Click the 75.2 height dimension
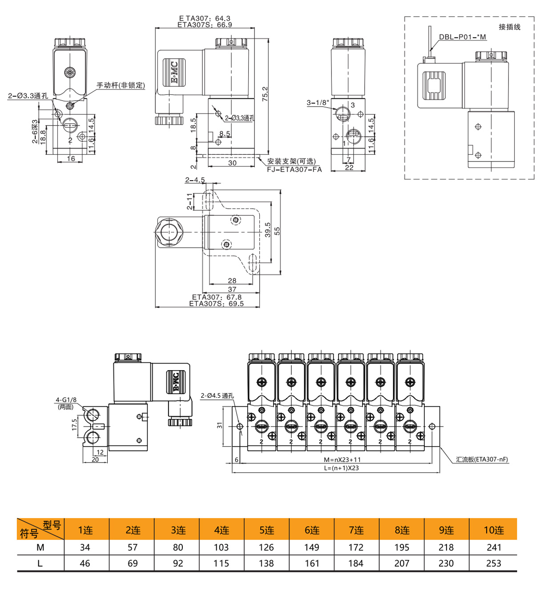[x=265, y=94]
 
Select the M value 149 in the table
[x=311, y=547]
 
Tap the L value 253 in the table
[x=493, y=563]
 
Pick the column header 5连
[x=266, y=530]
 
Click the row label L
[x=40, y=563]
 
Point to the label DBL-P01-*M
[x=462, y=37]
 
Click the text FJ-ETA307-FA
[x=294, y=169]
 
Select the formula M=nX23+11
[x=342, y=460]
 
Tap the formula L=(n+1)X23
[x=341, y=468]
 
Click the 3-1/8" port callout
[x=318, y=103]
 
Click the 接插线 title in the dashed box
[x=509, y=27]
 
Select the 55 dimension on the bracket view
[x=277, y=231]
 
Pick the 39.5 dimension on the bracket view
[x=268, y=230]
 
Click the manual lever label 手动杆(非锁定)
[x=121, y=85]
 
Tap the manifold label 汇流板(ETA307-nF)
[x=482, y=460]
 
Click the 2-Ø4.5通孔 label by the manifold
[x=217, y=395]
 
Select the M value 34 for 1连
[x=85, y=547]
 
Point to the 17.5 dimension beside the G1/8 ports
[x=75, y=424]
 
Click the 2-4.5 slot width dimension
[x=195, y=180]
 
